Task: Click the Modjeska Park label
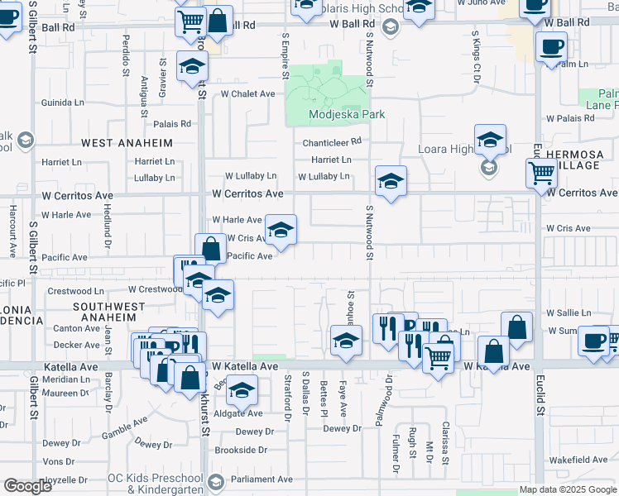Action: [336, 114]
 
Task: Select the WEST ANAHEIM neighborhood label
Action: [127, 143]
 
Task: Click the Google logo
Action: [27, 486]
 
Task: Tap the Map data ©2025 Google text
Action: [568, 489]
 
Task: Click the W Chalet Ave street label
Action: [247, 94]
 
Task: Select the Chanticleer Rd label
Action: [333, 141]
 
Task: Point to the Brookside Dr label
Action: [239, 451]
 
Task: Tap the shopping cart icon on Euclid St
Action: [541, 174]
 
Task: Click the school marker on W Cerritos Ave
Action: [391, 180]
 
